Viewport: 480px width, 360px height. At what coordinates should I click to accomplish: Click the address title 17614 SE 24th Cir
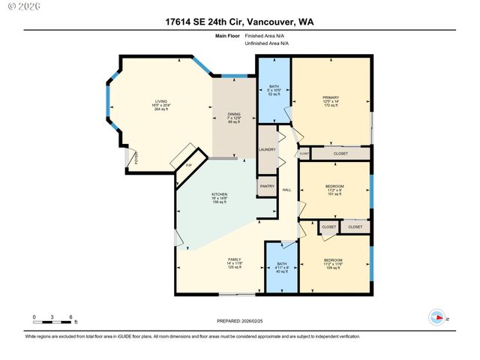[x=239, y=22]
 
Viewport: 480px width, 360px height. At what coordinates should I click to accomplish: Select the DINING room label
[x=235, y=114]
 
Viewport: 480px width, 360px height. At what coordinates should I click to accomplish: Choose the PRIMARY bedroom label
[x=331, y=97]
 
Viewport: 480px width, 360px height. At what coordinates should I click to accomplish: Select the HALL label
[x=286, y=190]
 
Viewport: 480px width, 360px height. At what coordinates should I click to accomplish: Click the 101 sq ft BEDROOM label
[x=334, y=186]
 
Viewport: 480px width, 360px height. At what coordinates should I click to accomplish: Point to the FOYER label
[x=136, y=158]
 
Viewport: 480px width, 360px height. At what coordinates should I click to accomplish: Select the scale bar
[x=52, y=322]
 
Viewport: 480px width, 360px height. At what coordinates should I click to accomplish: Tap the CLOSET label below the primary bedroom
[x=340, y=153]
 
